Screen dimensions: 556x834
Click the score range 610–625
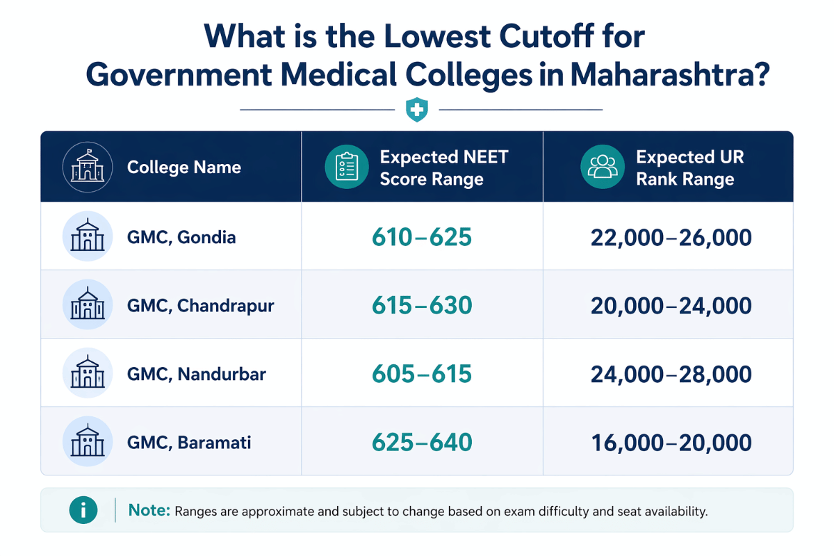point(422,237)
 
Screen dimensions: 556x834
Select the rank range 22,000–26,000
point(671,237)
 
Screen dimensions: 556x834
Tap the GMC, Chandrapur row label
point(201,306)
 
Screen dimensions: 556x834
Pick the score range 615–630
point(422,306)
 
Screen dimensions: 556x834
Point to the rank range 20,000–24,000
point(671,306)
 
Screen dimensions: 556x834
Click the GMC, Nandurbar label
point(197,374)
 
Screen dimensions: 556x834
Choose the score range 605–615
point(422,374)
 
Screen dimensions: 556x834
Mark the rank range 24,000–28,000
point(671,374)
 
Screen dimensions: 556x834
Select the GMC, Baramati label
point(189,442)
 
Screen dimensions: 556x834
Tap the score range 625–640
point(422,442)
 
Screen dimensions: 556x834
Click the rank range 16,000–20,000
point(671,442)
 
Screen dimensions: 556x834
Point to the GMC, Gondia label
point(181,237)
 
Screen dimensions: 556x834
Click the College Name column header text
point(184,167)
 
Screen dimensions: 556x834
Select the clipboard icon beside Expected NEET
point(346,167)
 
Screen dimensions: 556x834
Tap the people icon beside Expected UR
point(602,167)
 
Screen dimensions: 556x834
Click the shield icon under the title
point(417,110)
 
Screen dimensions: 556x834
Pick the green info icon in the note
point(83,511)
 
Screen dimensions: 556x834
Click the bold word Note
point(149,511)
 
